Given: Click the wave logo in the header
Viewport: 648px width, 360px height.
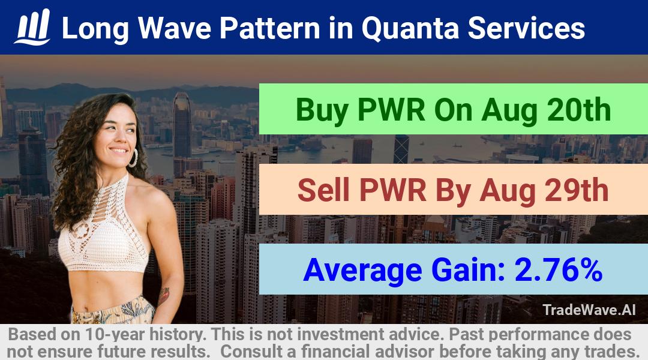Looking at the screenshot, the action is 32,27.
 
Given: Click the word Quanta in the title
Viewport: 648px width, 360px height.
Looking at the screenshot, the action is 410,29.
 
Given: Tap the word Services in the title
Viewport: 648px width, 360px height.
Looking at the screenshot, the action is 526,28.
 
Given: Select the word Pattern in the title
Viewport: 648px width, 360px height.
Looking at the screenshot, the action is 269,28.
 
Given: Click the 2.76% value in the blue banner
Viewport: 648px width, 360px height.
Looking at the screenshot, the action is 558,270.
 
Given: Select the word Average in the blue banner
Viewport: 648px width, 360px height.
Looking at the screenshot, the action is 362,271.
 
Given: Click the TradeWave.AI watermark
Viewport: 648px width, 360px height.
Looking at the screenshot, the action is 589,310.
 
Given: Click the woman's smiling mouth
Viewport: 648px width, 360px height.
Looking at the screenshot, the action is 119,151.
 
